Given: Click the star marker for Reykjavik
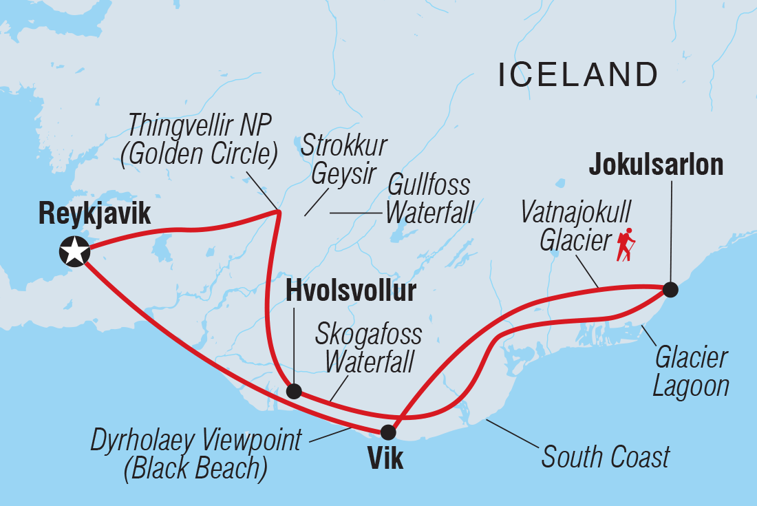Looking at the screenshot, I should (74, 252).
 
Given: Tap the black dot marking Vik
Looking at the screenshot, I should (389, 432).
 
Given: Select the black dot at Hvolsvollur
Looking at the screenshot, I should (294, 392).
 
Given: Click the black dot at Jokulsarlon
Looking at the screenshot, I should (670, 290).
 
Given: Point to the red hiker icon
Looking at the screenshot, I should (626, 246).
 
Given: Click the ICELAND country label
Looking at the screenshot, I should (577, 74).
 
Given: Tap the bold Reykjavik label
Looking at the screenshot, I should (94, 215).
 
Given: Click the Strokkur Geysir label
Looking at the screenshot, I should (344, 159).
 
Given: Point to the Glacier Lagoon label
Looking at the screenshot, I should (690, 371).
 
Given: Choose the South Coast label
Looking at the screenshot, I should (606, 457).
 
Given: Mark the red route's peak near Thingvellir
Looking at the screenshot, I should (278, 211).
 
